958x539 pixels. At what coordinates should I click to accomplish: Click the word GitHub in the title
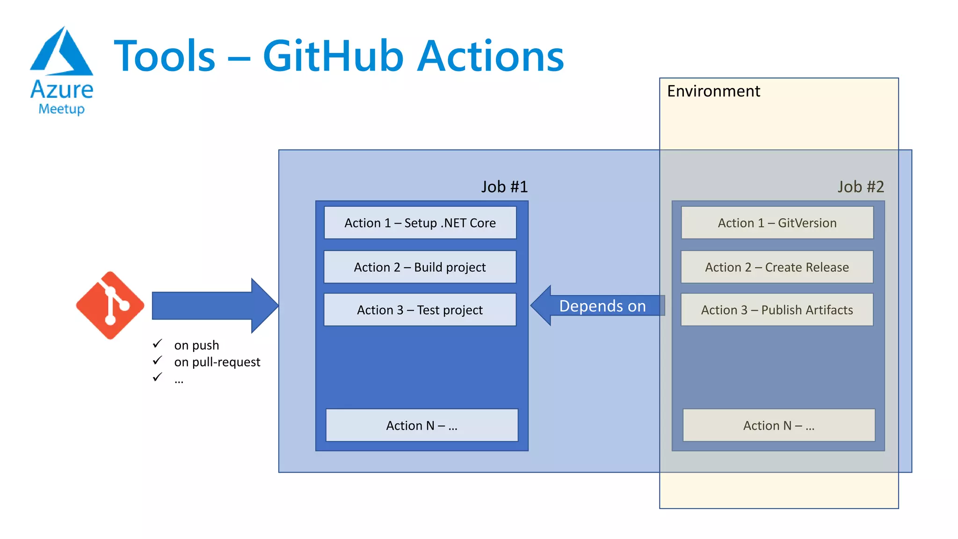[333, 56]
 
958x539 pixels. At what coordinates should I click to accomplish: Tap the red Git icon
[110, 305]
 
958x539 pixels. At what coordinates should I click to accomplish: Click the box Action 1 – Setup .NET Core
[420, 223]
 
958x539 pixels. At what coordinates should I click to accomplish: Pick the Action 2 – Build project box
[420, 267]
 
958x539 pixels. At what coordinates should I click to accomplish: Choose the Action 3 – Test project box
[420, 310]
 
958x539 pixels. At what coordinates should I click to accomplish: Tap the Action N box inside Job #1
[421, 425]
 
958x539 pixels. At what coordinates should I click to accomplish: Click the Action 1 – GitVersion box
[777, 223]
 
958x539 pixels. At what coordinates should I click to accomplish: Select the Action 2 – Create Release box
[777, 267]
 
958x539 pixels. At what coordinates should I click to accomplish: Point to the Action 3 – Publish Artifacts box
[777, 310]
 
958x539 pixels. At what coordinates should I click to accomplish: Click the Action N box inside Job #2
[779, 425]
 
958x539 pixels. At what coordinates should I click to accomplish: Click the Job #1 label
[504, 187]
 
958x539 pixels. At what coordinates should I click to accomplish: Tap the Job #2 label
[861, 187]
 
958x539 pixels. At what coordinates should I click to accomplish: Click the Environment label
[713, 91]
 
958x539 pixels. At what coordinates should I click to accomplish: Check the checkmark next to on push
[158, 344]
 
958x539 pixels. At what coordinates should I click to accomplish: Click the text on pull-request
[217, 362]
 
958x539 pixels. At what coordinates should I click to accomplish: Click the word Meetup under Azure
[61, 109]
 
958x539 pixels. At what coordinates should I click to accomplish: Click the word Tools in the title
[165, 56]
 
